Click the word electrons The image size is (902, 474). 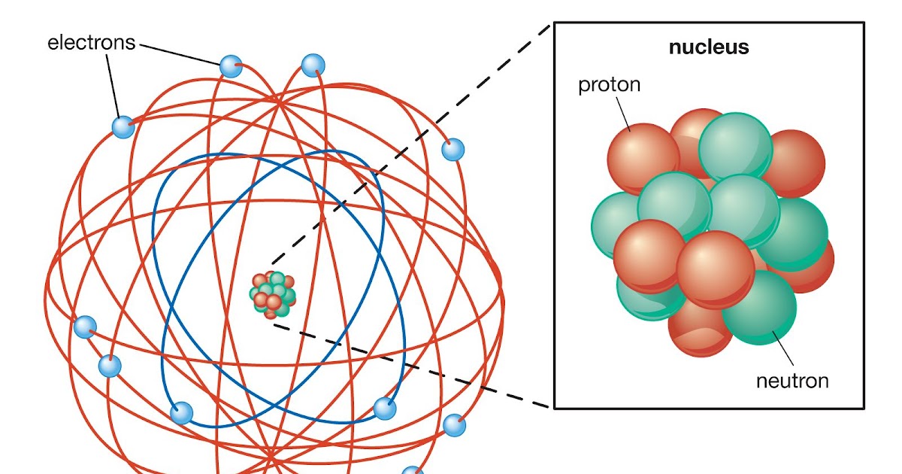point(91,43)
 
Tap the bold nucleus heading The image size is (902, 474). point(709,47)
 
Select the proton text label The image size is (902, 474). point(609,84)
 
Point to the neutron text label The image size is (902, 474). point(792,381)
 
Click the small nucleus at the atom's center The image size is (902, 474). point(274,293)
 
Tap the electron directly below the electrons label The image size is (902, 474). point(123,126)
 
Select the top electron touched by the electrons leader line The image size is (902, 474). point(231,67)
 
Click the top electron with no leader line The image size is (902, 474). point(313,65)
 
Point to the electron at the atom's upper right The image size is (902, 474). point(453,150)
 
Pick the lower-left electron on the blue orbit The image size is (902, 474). point(181,412)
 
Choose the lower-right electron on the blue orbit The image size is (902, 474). point(384,409)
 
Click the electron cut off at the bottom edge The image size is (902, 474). point(413,470)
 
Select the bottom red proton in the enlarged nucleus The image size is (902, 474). point(699,331)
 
